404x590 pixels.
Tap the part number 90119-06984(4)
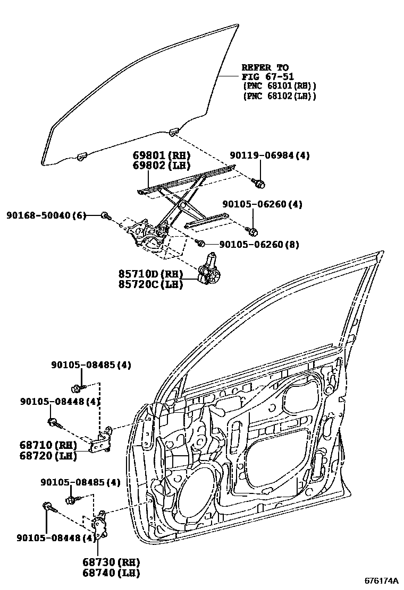point(270,155)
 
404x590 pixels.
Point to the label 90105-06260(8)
point(259,245)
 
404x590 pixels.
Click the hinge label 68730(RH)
point(111,562)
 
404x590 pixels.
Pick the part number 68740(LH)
point(111,572)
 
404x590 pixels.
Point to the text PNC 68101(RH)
point(279,86)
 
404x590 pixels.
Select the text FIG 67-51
point(267,76)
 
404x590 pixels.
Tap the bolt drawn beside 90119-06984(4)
point(259,184)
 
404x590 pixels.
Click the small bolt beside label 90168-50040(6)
point(105,216)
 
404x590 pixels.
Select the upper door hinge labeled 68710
point(102,441)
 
